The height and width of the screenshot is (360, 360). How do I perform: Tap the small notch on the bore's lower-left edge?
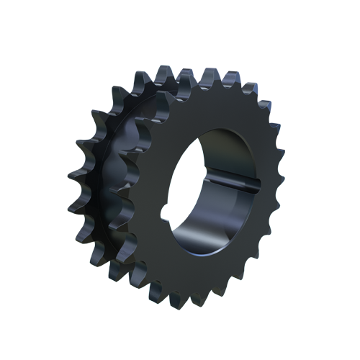point(169,214)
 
